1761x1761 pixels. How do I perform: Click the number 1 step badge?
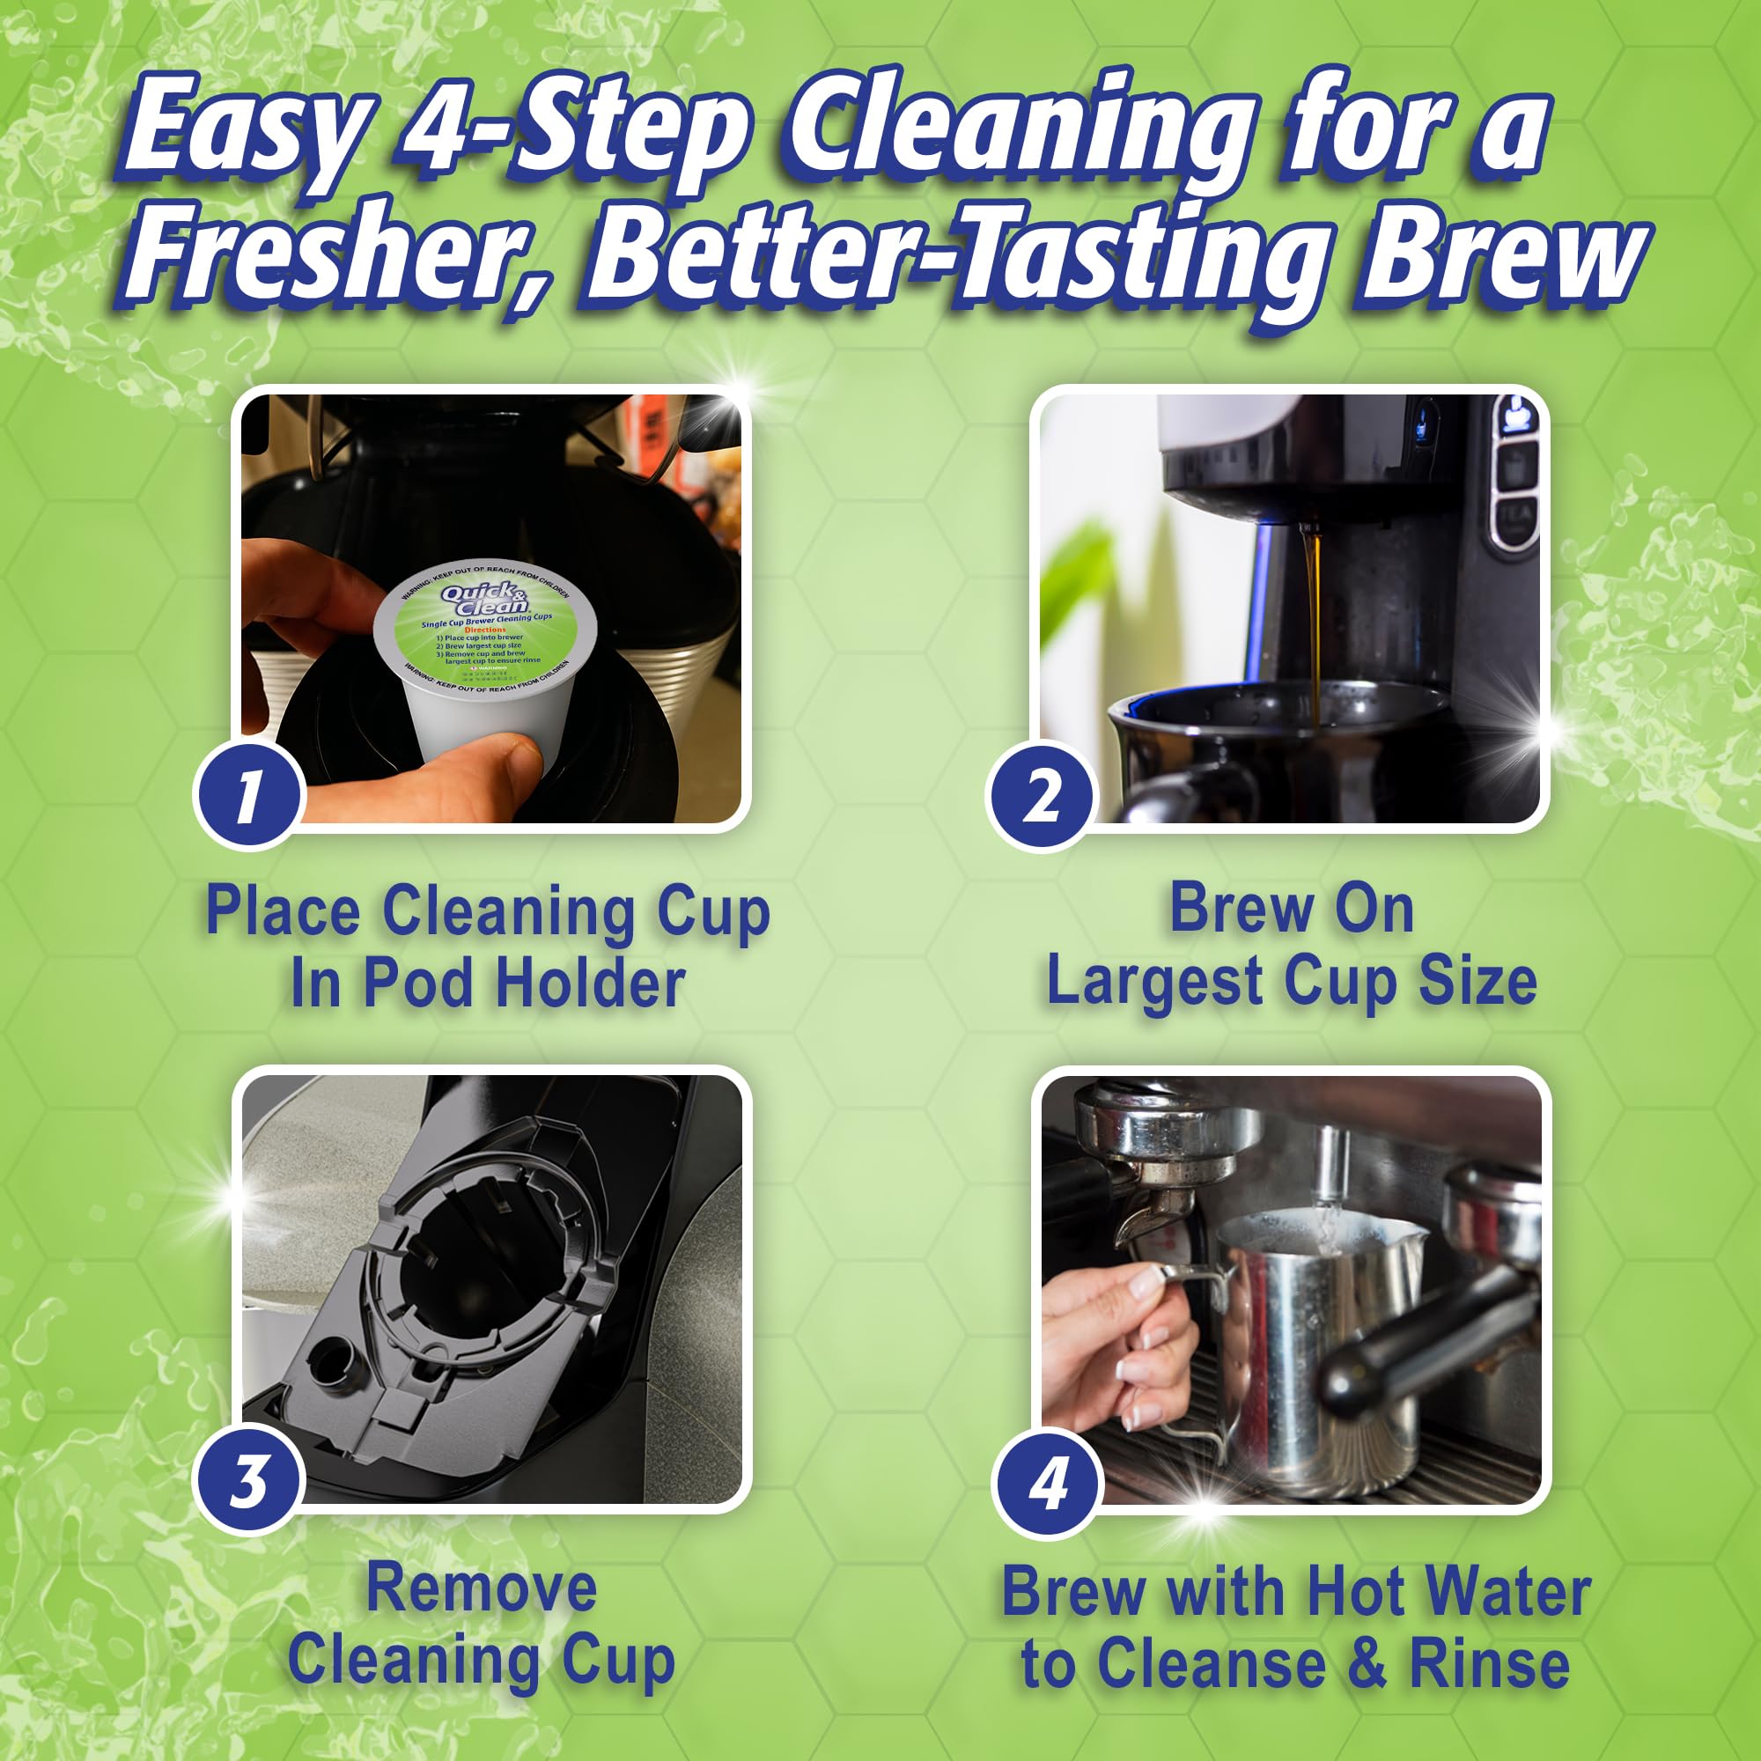pyautogui.click(x=248, y=795)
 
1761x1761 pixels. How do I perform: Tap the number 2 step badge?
pyautogui.click(x=1039, y=795)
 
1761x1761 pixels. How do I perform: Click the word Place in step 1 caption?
pyautogui.click(x=283, y=911)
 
